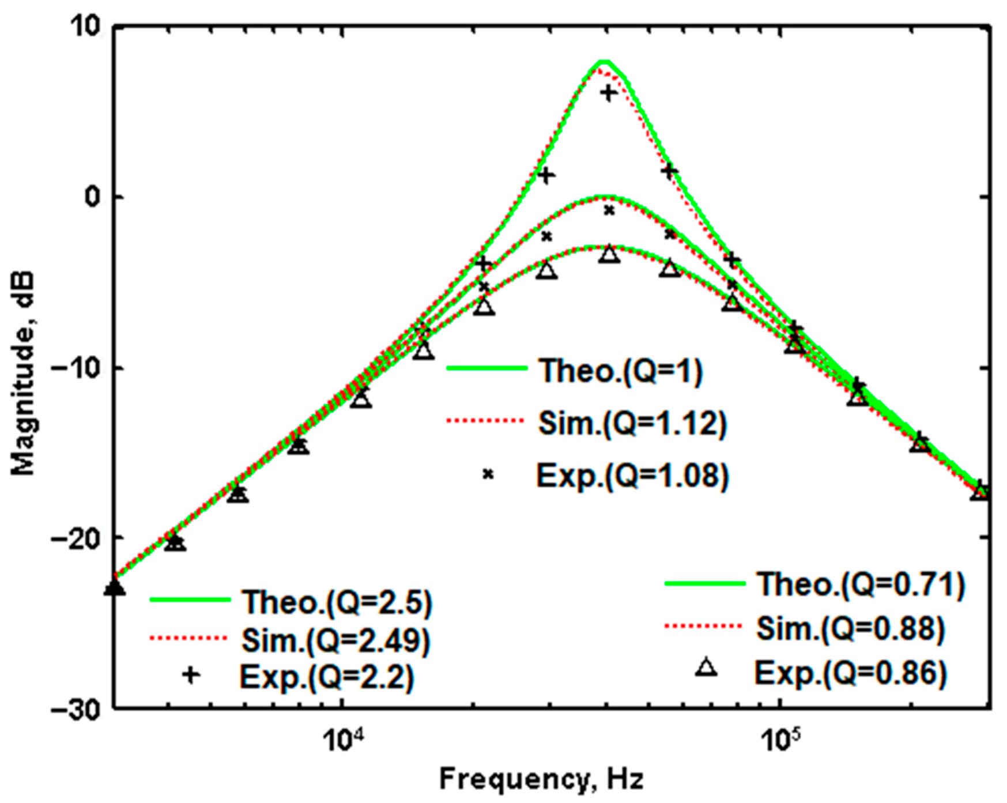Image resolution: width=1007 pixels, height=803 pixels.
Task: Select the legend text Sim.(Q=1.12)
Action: (x=632, y=424)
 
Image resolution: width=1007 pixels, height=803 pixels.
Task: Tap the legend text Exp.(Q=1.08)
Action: (x=632, y=476)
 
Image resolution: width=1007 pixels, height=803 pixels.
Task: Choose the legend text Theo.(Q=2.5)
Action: (x=337, y=602)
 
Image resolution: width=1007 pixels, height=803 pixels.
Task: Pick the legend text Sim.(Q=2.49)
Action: (x=335, y=640)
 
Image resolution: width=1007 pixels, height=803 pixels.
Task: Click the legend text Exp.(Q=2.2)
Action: (x=327, y=677)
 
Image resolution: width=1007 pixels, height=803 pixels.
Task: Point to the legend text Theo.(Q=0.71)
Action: (x=861, y=585)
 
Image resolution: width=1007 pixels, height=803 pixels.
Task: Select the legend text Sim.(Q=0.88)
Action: (x=850, y=628)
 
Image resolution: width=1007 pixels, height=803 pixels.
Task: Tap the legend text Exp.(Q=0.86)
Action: (x=851, y=673)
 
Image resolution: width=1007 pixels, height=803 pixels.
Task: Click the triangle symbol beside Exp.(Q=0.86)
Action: (x=707, y=668)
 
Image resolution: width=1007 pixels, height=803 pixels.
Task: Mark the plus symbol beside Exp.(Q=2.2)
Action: (x=191, y=675)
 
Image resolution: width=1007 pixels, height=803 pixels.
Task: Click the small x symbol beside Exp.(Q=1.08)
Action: (x=488, y=474)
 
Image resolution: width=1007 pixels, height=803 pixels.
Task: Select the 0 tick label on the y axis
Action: (x=93, y=197)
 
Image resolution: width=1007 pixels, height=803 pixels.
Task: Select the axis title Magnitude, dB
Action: (x=23, y=374)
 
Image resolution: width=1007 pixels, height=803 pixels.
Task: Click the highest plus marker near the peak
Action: (x=609, y=93)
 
